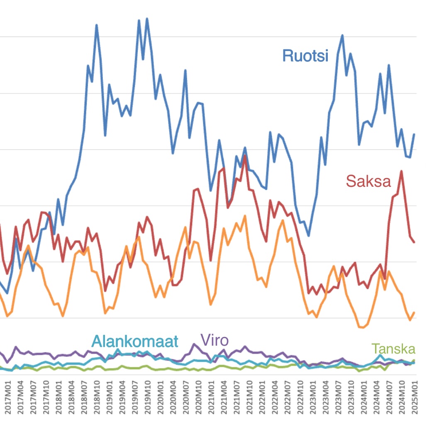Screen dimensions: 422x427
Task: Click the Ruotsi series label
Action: pos(305,55)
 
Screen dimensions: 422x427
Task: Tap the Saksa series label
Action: pos(368,181)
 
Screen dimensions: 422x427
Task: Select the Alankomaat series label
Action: pos(135,341)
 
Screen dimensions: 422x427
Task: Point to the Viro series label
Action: pos(215,340)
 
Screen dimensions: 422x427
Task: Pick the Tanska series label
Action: pos(393,349)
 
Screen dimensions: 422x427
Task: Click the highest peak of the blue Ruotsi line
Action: pos(147,19)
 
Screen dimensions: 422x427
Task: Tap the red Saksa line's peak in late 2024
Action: pos(401,171)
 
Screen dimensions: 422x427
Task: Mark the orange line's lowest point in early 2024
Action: pos(363,327)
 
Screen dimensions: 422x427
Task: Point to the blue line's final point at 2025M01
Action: pos(414,134)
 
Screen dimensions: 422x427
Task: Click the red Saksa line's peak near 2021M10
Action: pos(245,156)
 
